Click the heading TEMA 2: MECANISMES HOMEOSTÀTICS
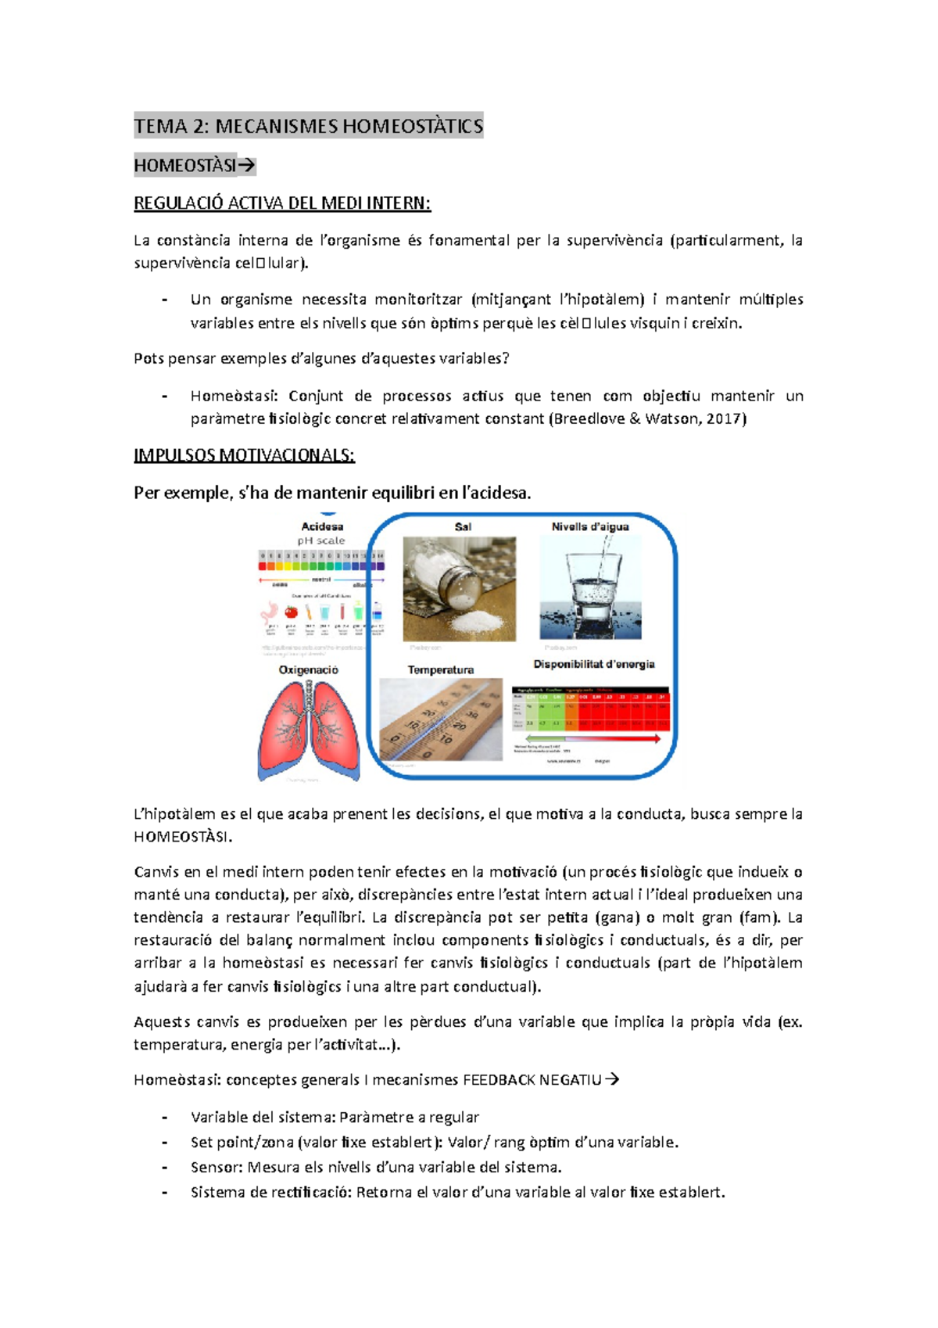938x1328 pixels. pyautogui.click(x=309, y=126)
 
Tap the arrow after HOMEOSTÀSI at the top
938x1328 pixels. pyautogui.click(x=246, y=166)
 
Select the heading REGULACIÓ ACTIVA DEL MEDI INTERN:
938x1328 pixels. pyautogui.click(x=282, y=203)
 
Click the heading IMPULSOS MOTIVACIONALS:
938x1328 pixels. pyautogui.click(x=244, y=455)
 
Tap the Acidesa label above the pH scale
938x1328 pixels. pyautogui.click(x=322, y=526)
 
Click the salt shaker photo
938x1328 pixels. pyautogui.click(x=459, y=588)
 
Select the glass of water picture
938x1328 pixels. pyautogui.click(x=591, y=588)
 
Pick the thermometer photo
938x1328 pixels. pyautogui.click(x=440, y=720)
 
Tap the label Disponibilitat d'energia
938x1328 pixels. pyautogui.click(x=594, y=664)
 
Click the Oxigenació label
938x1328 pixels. pyautogui.click(x=309, y=670)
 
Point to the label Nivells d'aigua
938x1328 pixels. pyautogui.click(x=590, y=526)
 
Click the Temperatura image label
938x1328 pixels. pyautogui.click(x=440, y=670)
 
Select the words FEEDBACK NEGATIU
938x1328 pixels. pyautogui.click(x=532, y=1080)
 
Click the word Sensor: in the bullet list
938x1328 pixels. pyautogui.click(x=217, y=1167)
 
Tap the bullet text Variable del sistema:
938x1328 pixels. pyautogui.click(x=263, y=1117)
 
